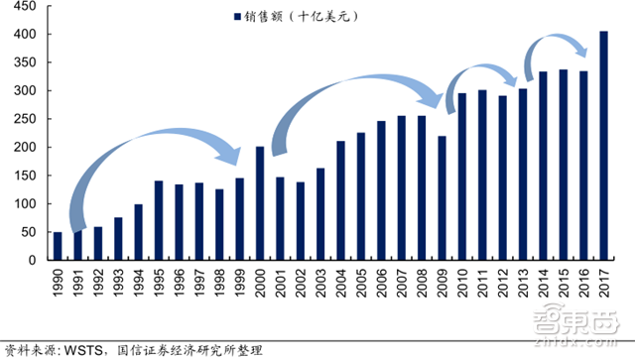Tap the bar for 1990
(57, 246)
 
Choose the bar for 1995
(158, 220)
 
